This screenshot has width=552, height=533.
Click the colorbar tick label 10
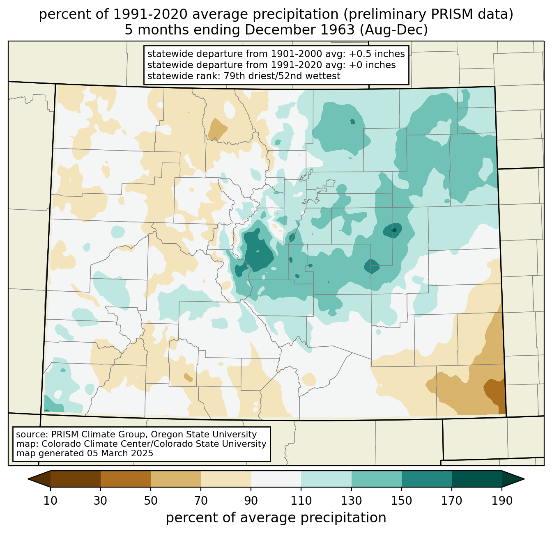pyautogui.click(x=50, y=501)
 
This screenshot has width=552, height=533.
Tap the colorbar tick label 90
pyautogui.click(x=251, y=501)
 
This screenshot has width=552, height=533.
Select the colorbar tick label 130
pyautogui.click(x=351, y=501)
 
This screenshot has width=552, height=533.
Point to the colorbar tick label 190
pyautogui.click(x=502, y=501)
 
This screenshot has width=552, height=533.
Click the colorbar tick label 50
pyautogui.click(x=151, y=501)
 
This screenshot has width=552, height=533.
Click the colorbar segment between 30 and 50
pyautogui.click(x=125, y=479)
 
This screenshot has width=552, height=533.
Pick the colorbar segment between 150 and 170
pyautogui.click(x=426, y=479)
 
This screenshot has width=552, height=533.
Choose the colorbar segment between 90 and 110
pyautogui.click(x=276, y=479)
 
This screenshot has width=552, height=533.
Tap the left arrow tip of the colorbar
pyautogui.click(x=28, y=479)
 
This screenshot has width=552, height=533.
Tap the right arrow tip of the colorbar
pyautogui.click(x=524, y=479)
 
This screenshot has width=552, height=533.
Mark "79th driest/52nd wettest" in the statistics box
pyautogui.click(x=282, y=76)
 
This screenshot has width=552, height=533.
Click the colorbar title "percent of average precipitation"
pyautogui.click(x=276, y=518)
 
